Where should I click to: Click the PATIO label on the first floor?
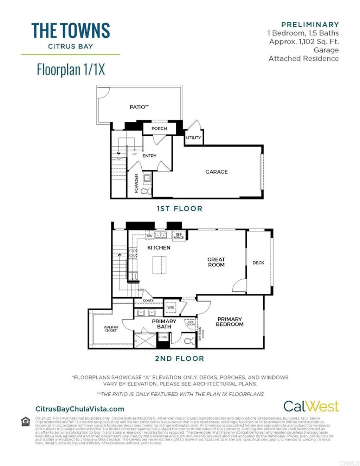139,107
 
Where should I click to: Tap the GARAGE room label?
217,172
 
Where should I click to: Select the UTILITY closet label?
193,137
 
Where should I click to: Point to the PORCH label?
159,129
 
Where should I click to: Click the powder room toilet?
145,191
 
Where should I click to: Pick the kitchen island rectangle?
159,265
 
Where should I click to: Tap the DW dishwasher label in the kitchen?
149,236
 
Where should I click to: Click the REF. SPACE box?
179,236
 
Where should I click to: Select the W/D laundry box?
171,308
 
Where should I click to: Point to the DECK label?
258,263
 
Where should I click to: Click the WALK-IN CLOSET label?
110,329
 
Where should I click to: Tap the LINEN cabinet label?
163,337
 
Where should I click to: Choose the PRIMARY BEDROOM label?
230,322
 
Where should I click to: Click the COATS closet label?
148,300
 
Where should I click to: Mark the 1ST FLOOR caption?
179,209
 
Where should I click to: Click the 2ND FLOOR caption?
179,359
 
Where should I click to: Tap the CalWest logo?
311,406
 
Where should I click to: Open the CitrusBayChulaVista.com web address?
80,409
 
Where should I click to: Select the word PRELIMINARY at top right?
310,25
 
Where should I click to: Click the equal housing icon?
26,421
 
